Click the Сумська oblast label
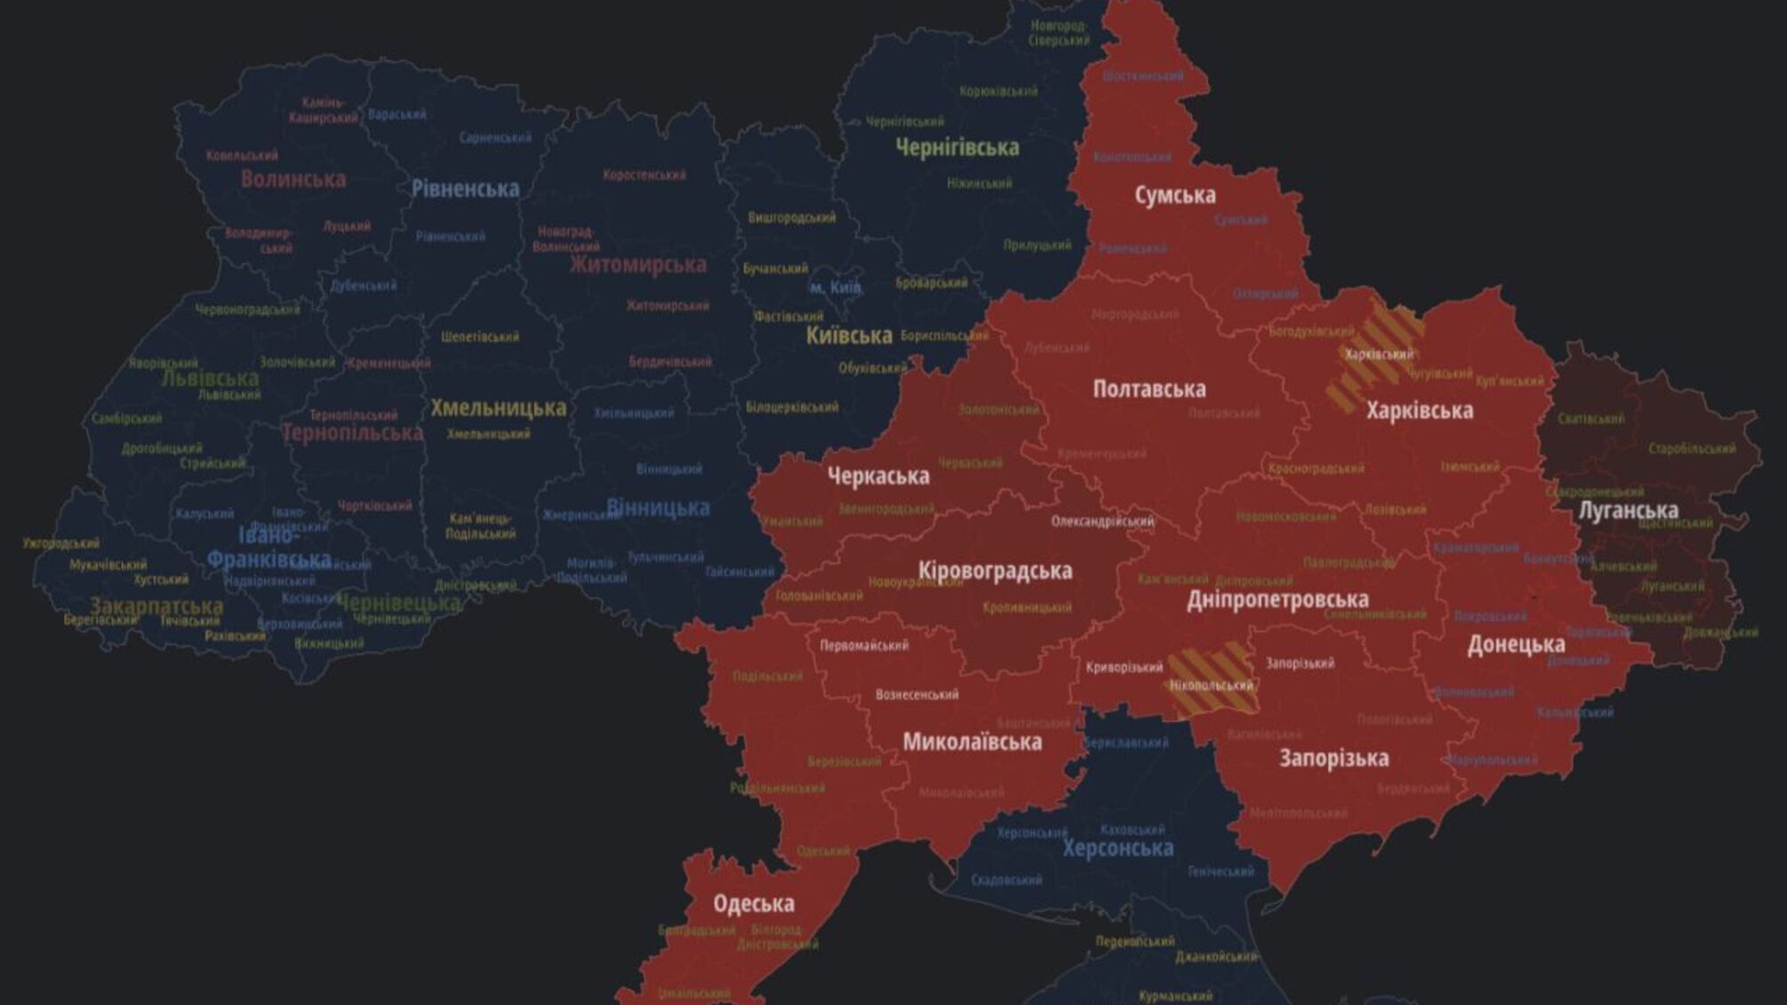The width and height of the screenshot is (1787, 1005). (1174, 195)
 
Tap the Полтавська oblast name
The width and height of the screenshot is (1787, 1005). (1149, 389)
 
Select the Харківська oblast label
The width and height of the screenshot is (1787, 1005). (1419, 411)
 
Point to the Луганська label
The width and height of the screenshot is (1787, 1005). (1628, 511)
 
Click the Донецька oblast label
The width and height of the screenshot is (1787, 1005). (1516, 645)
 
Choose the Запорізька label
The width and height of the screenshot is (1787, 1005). (1334, 759)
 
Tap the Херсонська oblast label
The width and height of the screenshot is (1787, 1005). (1118, 848)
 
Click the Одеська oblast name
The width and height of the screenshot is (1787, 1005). (753, 904)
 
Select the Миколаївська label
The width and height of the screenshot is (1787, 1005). (972, 742)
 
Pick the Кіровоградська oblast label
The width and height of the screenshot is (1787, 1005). (995, 571)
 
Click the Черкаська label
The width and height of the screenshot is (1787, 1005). (878, 477)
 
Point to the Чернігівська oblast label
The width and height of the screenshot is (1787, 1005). (957, 148)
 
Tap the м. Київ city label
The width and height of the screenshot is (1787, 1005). (835, 287)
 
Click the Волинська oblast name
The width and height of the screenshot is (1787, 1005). (292, 179)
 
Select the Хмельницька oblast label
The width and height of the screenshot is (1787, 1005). (498, 408)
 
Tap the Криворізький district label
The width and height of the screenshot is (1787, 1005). (1124, 667)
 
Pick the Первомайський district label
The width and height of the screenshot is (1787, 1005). (863, 646)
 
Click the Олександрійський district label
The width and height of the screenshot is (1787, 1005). (1102, 521)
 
